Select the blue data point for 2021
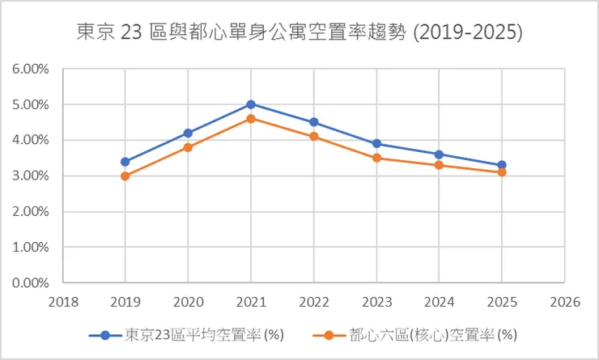[251, 104]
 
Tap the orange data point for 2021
[251, 119]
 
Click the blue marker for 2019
[125, 162]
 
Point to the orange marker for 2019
[125, 176]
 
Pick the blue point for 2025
[502, 165]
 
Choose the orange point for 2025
[502, 172]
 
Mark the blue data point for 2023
[376, 144]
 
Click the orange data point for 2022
[313, 137]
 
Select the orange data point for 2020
[188, 147]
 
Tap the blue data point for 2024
[439, 155]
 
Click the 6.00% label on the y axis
[32, 69]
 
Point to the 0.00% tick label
[32, 283]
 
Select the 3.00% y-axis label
[32, 176]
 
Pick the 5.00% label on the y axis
[32, 104]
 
